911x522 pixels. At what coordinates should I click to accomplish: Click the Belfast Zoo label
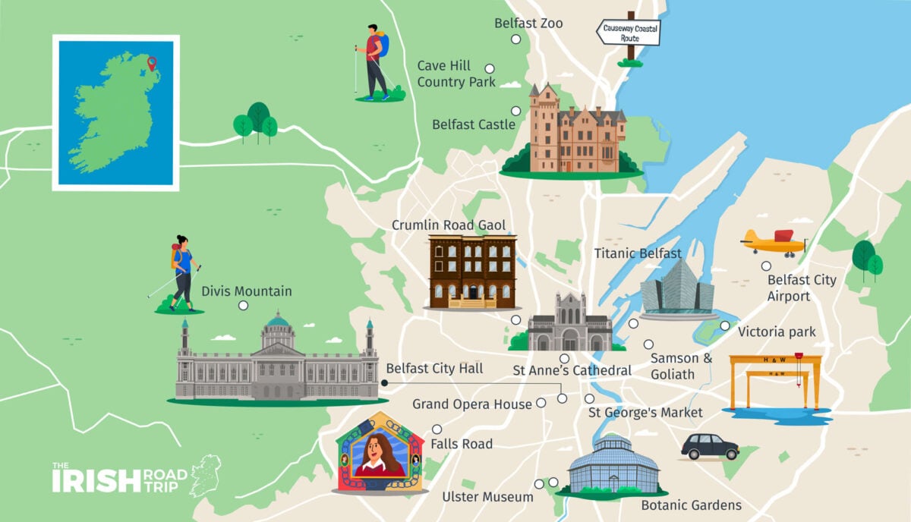point(528,24)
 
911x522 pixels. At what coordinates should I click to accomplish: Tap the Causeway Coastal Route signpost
point(628,33)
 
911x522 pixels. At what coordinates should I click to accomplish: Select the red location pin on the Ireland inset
point(152,64)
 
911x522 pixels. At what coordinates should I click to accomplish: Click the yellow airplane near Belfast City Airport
point(772,243)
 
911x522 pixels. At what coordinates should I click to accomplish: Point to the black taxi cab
point(710,447)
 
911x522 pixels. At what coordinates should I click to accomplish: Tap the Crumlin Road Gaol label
point(449,225)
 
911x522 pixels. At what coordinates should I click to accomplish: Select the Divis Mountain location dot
point(243,306)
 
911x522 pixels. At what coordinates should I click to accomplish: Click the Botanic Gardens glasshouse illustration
point(613,465)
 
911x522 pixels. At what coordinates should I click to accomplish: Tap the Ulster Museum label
point(487,497)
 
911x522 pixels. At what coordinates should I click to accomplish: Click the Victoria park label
point(777,332)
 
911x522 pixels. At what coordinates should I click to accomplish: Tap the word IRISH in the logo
point(96,480)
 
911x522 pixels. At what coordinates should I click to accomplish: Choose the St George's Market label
point(645,413)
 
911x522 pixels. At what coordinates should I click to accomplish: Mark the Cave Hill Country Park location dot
point(490,68)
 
